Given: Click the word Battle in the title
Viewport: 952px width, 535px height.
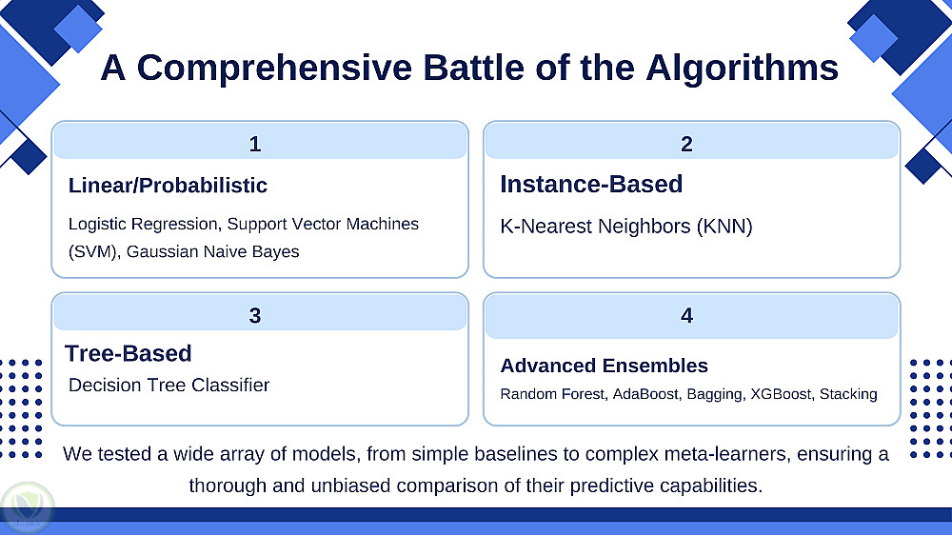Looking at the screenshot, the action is pyautogui.click(x=473, y=68).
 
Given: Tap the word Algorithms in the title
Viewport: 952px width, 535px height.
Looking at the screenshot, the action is pyautogui.click(x=742, y=69).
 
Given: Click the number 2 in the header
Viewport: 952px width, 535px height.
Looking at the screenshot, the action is pyautogui.click(x=686, y=144).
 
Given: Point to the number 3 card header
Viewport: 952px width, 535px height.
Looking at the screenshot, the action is pyautogui.click(x=260, y=313).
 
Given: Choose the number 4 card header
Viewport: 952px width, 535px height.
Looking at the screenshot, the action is pyautogui.click(x=691, y=316).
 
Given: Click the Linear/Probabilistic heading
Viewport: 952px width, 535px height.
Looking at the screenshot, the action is pyautogui.click(x=168, y=186).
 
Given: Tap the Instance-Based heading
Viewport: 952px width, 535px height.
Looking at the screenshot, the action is pyautogui.click(x=591, y=184).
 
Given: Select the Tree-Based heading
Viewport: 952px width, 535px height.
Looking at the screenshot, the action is pyautogui.click(x=129, y=353).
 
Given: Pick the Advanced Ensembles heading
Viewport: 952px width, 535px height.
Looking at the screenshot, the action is pyautogui.click(x=605, y=366).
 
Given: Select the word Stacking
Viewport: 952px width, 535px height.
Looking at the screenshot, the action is pyautogui.click(x=848, y=395).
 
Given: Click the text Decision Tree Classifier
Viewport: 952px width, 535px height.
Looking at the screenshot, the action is pyautogui.click(x=169, y=385).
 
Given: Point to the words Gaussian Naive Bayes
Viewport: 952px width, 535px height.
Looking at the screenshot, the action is pyautogui.click(x=212, y=251).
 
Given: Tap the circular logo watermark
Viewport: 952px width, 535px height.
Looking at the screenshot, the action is pyautogui.click(x=28, y=507).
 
